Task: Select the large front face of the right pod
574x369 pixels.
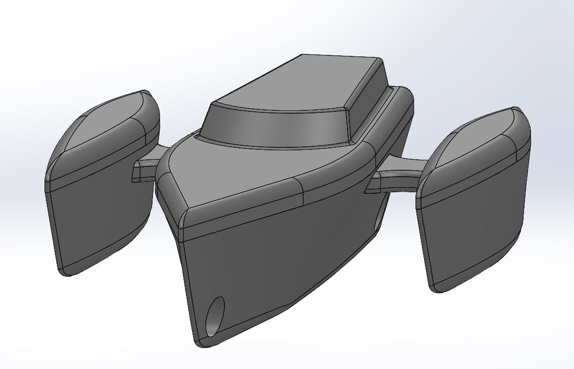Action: (467, 235)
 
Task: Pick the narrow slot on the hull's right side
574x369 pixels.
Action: (376, 224)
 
